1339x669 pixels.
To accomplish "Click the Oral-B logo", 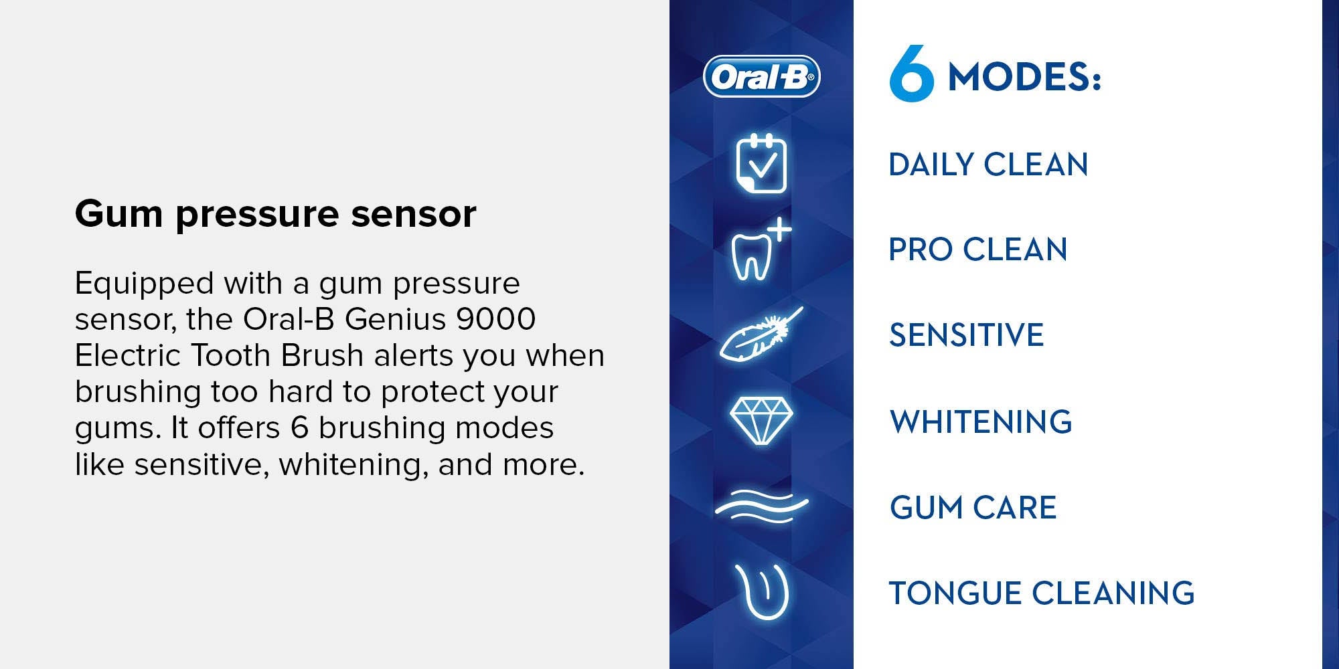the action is point(762,77).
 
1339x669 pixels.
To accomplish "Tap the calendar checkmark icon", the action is point(761,163).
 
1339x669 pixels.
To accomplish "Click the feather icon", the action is point(761,333).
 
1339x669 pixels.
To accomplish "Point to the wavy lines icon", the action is point(761,506).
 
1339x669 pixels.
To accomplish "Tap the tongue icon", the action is point(762,592).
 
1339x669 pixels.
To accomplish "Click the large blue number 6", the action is point(911,74).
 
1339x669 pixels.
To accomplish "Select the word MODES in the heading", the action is point(1018,77).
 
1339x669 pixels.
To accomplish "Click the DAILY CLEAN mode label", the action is point(988,165).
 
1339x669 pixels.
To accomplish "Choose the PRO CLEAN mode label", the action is point(977,250).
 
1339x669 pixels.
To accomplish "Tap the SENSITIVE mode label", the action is point(966,334).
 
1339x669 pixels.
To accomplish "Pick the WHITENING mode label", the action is point(981,421).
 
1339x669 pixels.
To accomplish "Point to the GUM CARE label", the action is point(973,507).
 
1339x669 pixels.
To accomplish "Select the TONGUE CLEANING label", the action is point(1042,593).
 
